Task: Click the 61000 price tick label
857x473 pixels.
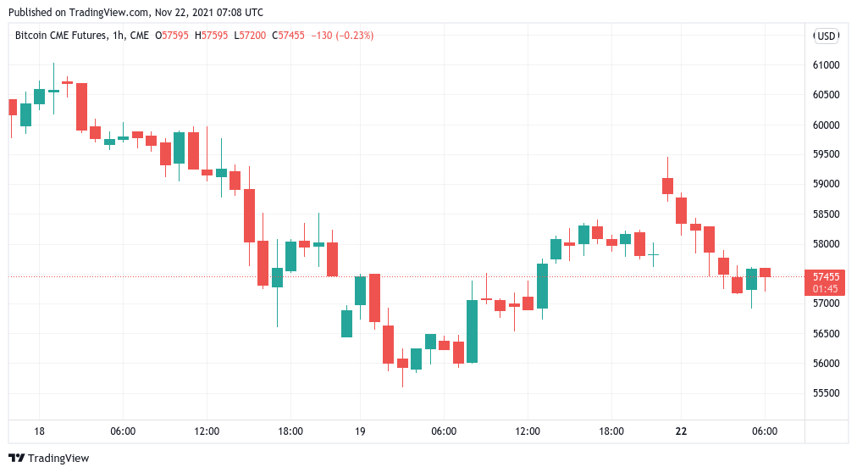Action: (x=825, y=65)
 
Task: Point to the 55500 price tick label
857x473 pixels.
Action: (x=825, y=393)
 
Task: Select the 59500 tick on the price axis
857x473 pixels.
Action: (x=825, y=154)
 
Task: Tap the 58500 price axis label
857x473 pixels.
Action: (x=825, y=214)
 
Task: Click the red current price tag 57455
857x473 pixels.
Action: (x=826, y=276)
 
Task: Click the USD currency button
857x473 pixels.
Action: (x=826, y=36)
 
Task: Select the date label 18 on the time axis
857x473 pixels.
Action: (x=39, y=431)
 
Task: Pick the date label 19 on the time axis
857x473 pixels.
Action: (x=360, y=431)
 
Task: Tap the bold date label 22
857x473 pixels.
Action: (x=681, y=431)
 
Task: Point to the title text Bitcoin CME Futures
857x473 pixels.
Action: (x=61, y=36)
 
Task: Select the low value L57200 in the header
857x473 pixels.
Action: (x=252, y=36)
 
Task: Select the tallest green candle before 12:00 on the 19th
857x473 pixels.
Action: (x=472, y=331)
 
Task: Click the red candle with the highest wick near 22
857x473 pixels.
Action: (x=667, y=186)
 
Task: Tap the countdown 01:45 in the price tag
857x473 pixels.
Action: (x=826, y=288)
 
